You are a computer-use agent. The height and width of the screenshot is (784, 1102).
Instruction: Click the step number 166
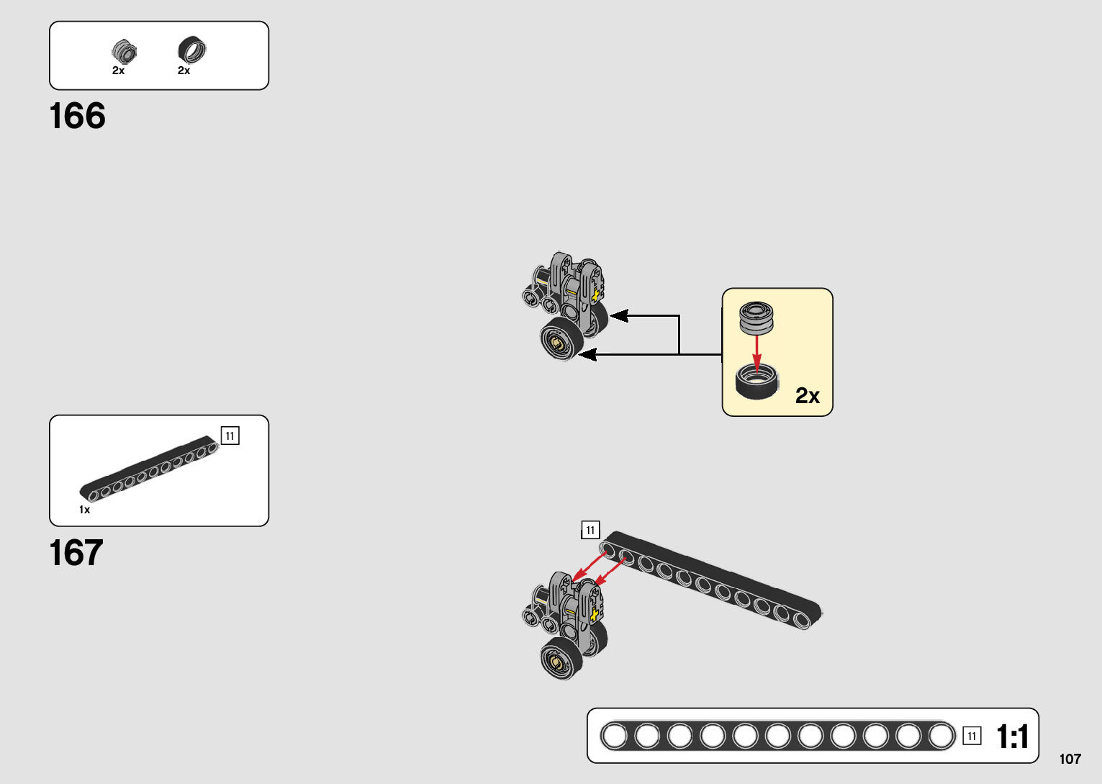tap(77, 117)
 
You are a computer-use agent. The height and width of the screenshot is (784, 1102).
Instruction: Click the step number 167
tap(76, 554)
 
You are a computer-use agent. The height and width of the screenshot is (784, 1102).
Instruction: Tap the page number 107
tap(1070, 759)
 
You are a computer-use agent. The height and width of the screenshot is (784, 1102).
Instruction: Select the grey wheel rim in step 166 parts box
tap(124, 51)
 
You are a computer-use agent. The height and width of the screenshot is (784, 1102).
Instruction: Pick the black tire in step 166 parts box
tap(191, 50)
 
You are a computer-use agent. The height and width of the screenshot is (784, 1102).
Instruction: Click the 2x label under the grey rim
tap(118, 71)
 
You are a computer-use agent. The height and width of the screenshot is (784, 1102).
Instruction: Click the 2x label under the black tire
tap(184, 71)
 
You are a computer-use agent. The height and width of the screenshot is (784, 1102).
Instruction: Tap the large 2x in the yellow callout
tap(807, 395)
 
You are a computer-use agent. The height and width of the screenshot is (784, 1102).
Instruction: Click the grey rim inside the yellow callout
tap(756, 317)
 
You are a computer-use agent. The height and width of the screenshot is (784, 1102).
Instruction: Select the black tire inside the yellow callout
tap(757, 381)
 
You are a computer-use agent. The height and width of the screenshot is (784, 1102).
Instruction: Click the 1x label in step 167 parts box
tap(84, 510)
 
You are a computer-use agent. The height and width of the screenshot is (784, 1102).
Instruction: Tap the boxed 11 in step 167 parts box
tap(230, 436)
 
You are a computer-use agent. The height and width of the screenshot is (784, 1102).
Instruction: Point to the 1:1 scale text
tap(1012, 736)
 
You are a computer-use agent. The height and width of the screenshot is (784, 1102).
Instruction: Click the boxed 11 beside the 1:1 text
tap(972, 736)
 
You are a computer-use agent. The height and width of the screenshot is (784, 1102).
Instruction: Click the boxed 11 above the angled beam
tap(590, 531)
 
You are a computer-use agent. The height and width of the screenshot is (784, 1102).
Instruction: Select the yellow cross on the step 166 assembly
tap(595, 295)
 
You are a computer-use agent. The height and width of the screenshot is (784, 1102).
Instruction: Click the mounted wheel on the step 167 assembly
tap(560, 659)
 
